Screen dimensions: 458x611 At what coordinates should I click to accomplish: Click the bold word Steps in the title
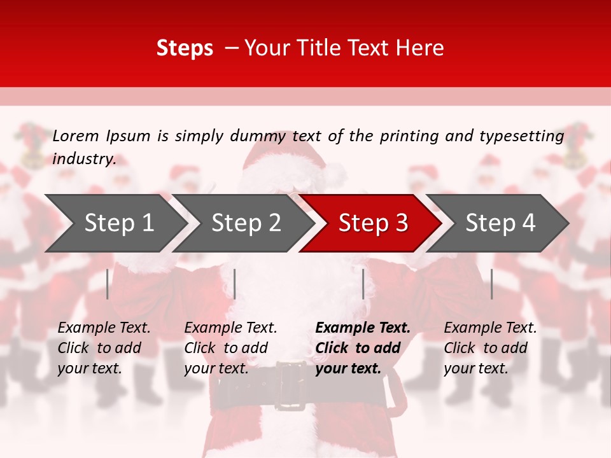(185, 48)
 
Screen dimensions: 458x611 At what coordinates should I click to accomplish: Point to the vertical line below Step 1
(108, 284)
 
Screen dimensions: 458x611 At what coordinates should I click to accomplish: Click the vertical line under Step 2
(235, 284)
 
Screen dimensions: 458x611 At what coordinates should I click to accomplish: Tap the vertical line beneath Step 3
(363, 284)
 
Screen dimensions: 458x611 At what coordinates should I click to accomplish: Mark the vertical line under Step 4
(491, 284)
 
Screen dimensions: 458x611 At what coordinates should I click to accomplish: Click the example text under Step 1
(104, 348)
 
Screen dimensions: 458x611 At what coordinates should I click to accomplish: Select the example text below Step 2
(230, 348)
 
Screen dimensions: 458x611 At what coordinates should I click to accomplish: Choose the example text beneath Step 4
(490, 348)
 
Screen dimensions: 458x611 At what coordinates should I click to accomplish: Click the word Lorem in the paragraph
(75, 136)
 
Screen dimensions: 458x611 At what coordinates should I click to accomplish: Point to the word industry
(83, 159)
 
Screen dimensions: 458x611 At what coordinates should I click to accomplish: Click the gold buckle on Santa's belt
(290, 385)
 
